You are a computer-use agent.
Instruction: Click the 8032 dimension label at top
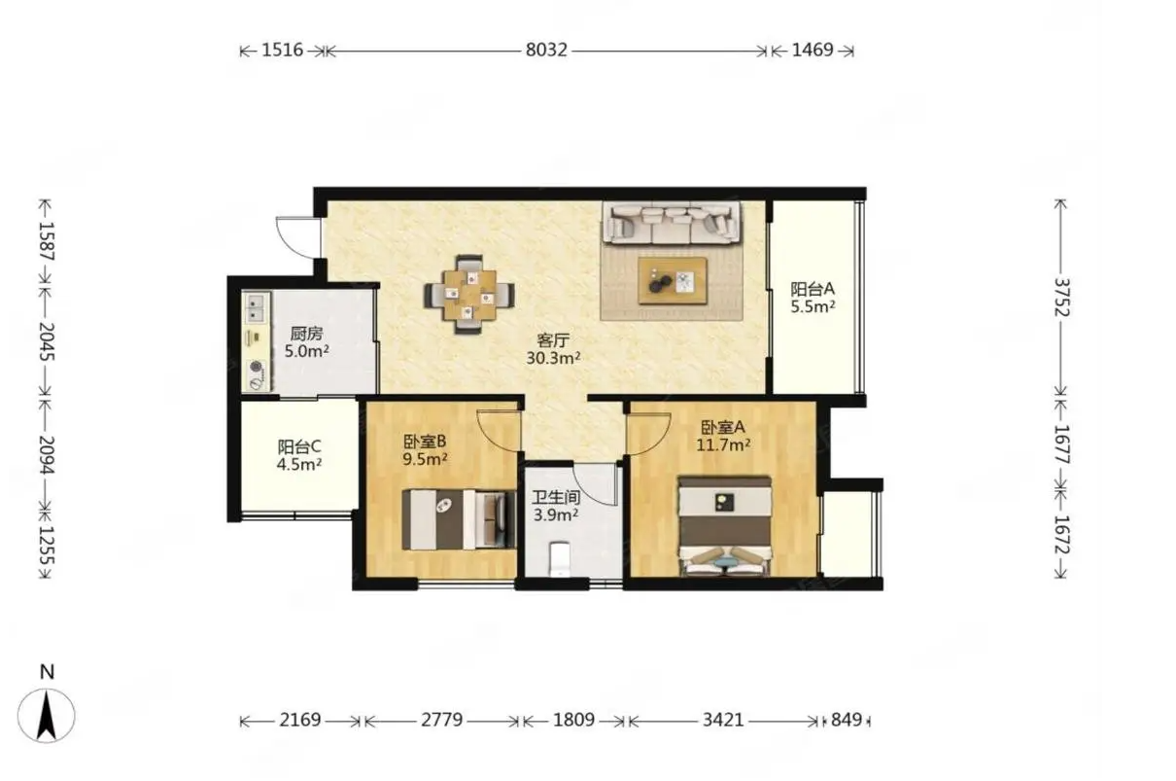pos(546,51)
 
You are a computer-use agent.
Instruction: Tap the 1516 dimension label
pos(283,51)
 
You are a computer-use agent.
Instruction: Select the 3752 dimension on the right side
pos(1061,298)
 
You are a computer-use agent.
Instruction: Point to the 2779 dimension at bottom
pos(441,720)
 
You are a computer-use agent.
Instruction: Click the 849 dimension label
pos(847,720)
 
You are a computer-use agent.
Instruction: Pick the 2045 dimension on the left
pos(47,340)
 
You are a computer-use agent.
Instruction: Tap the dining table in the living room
pos(469,295)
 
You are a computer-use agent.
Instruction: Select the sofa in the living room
pos(672,223)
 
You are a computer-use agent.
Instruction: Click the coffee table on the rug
pos(673,280)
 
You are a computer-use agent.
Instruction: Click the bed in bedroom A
pos(725,526)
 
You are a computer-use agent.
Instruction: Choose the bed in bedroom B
pos(459,519)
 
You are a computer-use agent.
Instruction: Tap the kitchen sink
pos(256,307)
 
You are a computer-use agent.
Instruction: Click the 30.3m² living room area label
pos(553,358)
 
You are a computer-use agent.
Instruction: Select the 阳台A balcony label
pos(813,289)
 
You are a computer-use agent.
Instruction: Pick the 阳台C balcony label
pos(299,447)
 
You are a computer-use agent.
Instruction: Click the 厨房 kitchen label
pos(306,334)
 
